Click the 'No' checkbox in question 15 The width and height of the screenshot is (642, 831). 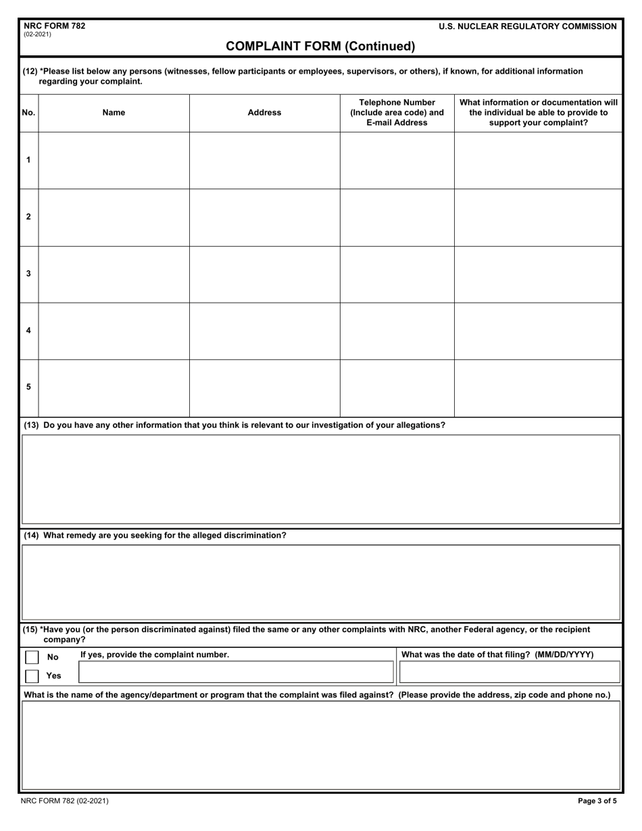(32, 657)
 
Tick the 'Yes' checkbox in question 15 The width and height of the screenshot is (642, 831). (32, 676)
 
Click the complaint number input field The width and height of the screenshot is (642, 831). (236, 672)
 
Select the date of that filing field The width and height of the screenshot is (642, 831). (510, 672)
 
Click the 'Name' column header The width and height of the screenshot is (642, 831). (114, 113)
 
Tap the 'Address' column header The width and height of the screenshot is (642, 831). (264, 113)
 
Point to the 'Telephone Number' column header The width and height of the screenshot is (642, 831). (397, 113)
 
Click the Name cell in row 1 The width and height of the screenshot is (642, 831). (114, 160)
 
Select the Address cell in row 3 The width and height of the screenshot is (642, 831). (264, 274)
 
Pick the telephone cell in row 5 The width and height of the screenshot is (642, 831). (397, 388)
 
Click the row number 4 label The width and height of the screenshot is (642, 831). (28, 330)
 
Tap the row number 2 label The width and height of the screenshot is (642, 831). (28, 217)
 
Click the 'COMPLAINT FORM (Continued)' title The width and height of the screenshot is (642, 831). (320, 47)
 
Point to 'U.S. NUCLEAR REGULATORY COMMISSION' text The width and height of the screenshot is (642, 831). (527, 26)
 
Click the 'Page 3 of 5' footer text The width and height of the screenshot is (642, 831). (597, 801)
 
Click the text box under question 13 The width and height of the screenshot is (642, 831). (321, 479)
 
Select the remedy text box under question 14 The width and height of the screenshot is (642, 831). (321, 582)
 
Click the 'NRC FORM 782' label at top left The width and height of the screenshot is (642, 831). (55, 26)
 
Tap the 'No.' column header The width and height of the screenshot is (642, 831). (28, 113)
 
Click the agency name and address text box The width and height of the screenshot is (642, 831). (321, 745)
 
